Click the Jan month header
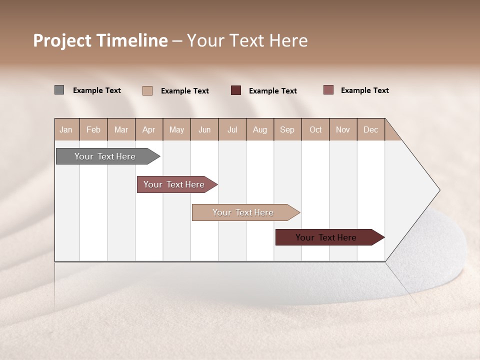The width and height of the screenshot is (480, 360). (x=66, y=129)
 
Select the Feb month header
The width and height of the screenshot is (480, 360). (x=93, y=129)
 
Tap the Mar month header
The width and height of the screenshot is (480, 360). (x=121, y=129)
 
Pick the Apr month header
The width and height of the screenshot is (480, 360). (x=149, y=129)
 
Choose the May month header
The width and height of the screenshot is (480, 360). (x=176, y=129)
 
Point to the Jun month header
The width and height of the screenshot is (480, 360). (x=204, y=129)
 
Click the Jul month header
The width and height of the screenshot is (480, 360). (x=232, y=129)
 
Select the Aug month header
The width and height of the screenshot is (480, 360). (x=260, y=129)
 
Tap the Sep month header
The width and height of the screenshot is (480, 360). (x=287, y=129)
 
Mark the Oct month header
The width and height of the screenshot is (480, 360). (x=315, y=129)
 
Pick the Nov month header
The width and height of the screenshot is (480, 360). (x=343, y=129)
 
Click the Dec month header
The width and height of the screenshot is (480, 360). (x=371, y=129)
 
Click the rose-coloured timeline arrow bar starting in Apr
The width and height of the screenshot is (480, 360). (x=175, y=184)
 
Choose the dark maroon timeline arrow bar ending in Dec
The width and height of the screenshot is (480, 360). (x=327, y=237)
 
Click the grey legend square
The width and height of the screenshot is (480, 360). (x=59, y=90)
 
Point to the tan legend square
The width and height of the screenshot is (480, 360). (x=147, y=90)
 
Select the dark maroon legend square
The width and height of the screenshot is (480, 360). (x=236, y=90)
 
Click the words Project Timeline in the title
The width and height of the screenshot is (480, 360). (x=100, y=40)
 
